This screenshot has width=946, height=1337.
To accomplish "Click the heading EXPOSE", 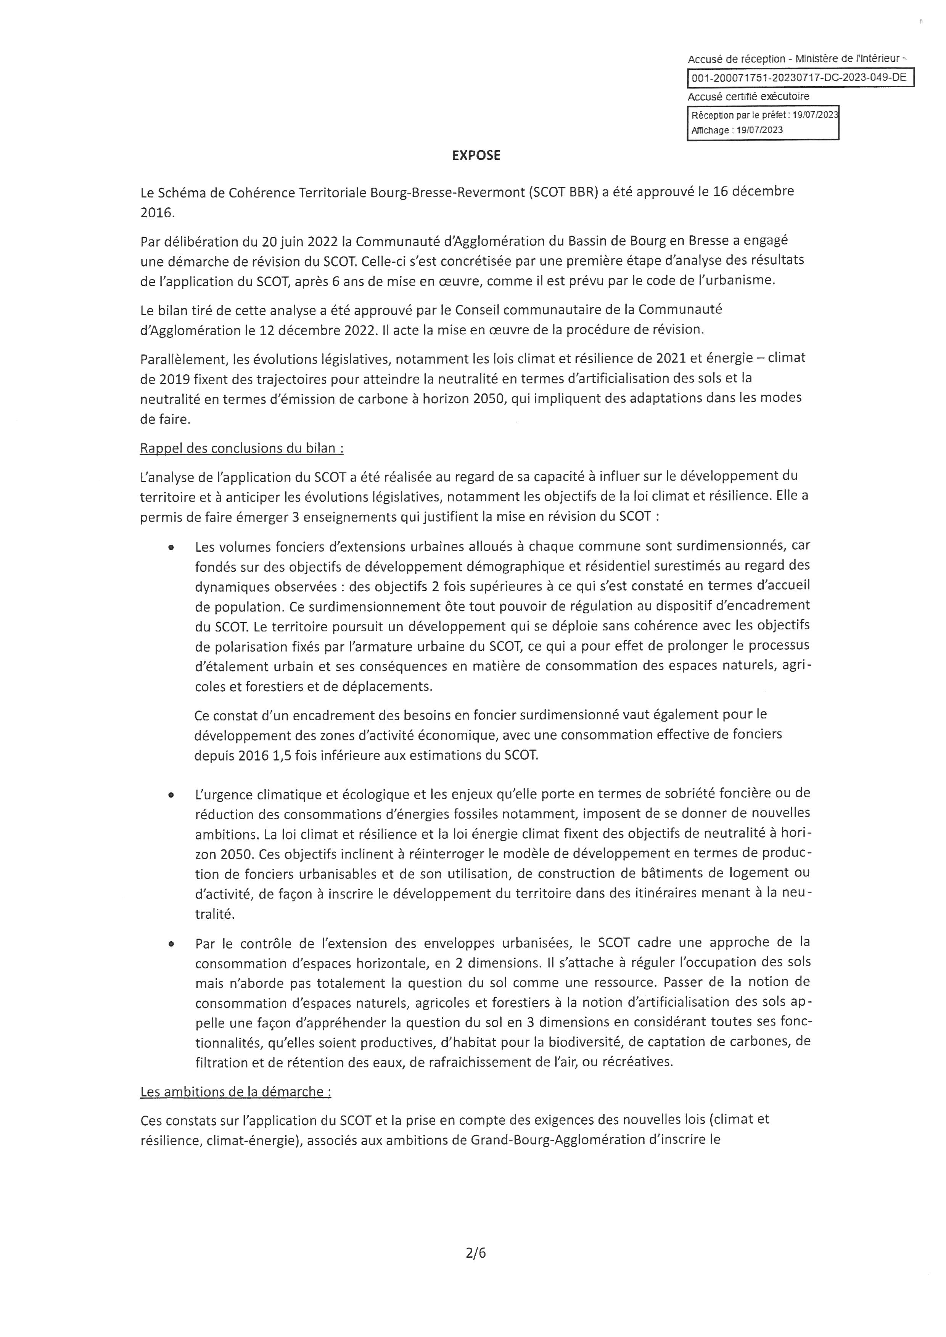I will coord(476,156).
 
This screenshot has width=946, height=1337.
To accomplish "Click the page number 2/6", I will coord(476,1253).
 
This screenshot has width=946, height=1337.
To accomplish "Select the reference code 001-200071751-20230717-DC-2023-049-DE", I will coord(799,77).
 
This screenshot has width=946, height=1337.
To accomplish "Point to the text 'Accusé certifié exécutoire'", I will coord(748,96).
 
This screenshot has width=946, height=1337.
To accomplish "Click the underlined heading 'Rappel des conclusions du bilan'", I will coord(241,448).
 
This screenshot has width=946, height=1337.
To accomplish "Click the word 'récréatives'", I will coord(639,1062).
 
